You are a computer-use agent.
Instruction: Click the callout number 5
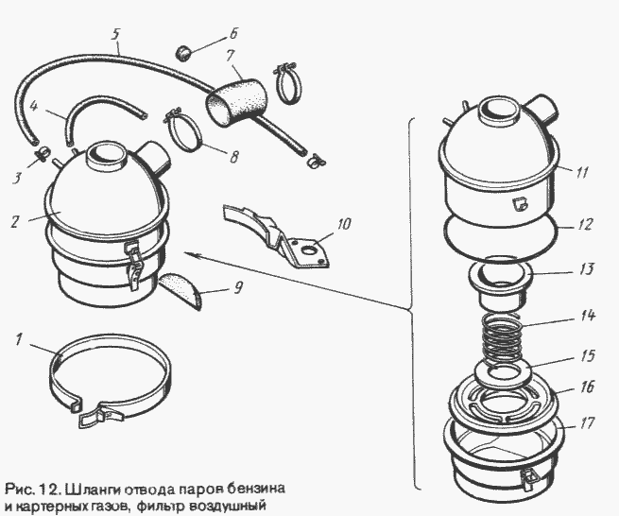click(x=114, y=36)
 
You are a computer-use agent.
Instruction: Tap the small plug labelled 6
click(x=182, y=53)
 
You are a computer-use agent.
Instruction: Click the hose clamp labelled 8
click(x=186, y=130)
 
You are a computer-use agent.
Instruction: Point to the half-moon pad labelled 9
click(x=181, y=291)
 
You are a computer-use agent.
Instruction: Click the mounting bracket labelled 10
click(x=276, y=237)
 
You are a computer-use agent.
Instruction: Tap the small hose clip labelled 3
click(x=43, y=154)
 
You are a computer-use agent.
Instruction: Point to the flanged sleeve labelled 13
click(x=499, y=281)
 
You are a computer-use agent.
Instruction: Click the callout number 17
click(x=587, y=423)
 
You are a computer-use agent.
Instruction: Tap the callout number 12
click(x=585, y=224)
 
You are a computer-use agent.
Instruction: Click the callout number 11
click(x=581, y=173)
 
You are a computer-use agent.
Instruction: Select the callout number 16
click(x=587, y=387)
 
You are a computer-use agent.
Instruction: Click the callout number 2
click(x=15, y=221)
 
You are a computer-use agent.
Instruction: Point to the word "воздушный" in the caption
click(x=222, y=506)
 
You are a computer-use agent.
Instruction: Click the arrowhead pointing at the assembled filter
click(x=189, y=255)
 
